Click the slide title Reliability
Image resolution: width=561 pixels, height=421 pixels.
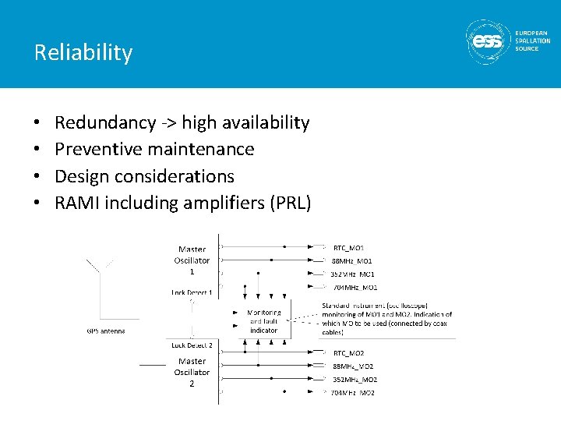(x=83, y=52)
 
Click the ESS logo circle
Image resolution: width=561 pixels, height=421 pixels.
(x=488, y=42)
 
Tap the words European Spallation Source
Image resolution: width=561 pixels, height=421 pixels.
(x=532, y=41)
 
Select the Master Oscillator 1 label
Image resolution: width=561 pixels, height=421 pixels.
(x=192, y=260)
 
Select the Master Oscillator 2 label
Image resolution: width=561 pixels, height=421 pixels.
(x=192, y=372)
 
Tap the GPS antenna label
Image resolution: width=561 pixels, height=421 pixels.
(x=105, y=331)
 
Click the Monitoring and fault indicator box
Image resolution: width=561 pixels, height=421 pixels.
(x=263, y=320)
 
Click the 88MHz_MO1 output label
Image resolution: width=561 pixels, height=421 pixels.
(x=353, y=260)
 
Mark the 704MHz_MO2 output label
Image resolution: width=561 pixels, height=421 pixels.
(x=354, y=393)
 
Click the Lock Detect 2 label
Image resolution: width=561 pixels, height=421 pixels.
(x=192, y=344)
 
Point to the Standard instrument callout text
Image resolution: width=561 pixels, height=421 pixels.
(x=386, y=319)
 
